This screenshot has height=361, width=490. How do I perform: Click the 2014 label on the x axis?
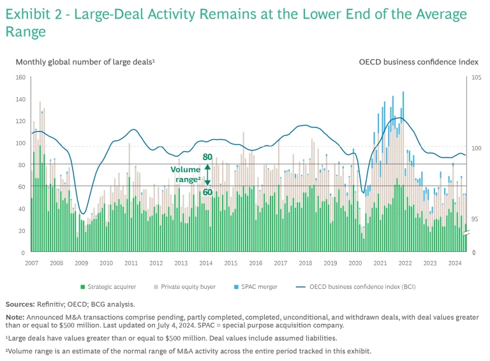tap(205, 263)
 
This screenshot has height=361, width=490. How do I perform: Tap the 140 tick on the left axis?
tap(20, 99)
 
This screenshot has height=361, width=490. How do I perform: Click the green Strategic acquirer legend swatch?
tap(82, 287)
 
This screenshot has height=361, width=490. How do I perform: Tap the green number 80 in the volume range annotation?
tap(207, 157)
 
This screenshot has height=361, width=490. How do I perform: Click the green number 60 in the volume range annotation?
tap(207, 192)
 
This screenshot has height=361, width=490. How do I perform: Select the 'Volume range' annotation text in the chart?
tap(185, 174)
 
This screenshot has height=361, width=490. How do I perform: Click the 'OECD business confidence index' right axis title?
tap(419, 62)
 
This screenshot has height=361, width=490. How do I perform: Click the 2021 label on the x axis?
tap(380, 263)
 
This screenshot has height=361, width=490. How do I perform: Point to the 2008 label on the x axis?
tap(56, 263)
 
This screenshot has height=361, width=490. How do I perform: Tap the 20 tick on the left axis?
tap(22, 230)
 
